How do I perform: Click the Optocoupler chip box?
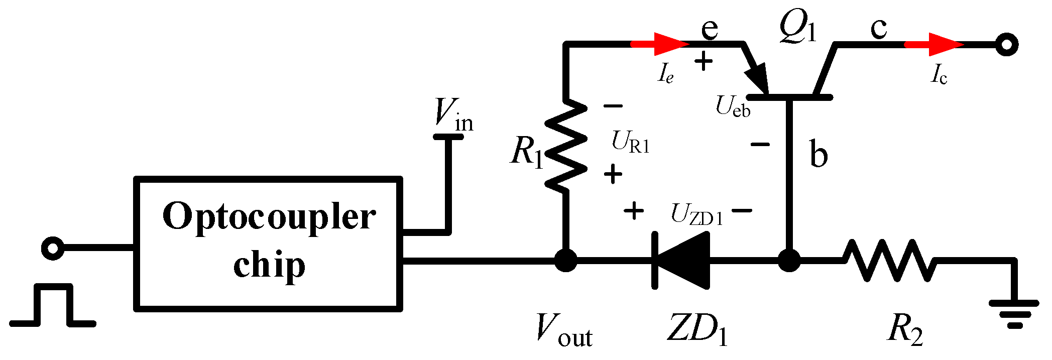pyautogui.click(x=268, y=244)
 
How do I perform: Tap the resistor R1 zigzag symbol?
pyautogui.click(x=566, y=146)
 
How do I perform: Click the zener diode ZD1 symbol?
pyautogui.click(x=681, y=260)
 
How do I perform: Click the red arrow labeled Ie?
pyautogui.click(x=660, y=44)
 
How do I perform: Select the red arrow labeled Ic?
pyautogui.click(x=934, y=44)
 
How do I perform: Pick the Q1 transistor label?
pyautogui.click(x=797, y=26)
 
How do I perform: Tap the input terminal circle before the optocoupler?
pyautogui.click(x=52, y=248)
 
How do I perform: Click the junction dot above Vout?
pyautogui.click(x=566, y=261)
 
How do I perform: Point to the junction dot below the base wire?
pyautogui.click(x=789, y=261)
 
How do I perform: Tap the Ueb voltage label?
pyautogui.click(x=733, y=107)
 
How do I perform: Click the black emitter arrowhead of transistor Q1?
pyautogui.click(x=758, y=78)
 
